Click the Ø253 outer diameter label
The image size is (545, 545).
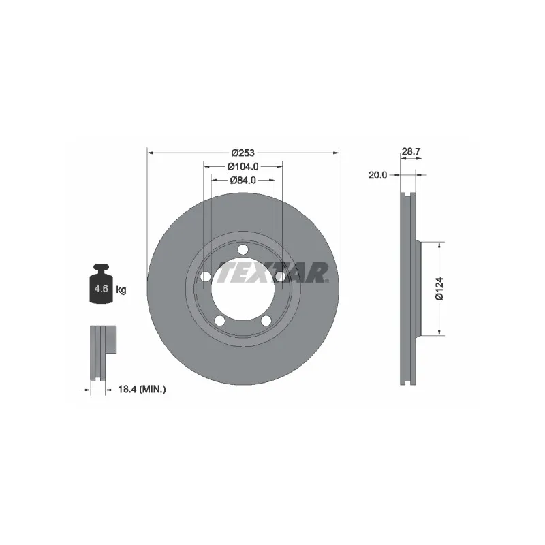(x=243, y=153)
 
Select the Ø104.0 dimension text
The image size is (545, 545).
(x=243, y=166)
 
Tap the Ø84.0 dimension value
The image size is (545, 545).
(x=243, y=181)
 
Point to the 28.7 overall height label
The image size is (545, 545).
(x=411, y=151)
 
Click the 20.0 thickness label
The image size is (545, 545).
(x=377, y=175)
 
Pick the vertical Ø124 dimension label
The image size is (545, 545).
(x=439, y=288)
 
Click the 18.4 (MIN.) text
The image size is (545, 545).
(x=142, y=389)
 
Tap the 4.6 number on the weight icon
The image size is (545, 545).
(x=101, y=288)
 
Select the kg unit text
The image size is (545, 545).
(x=121, y=290)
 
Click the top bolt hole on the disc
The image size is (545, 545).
(x=243, y=249)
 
